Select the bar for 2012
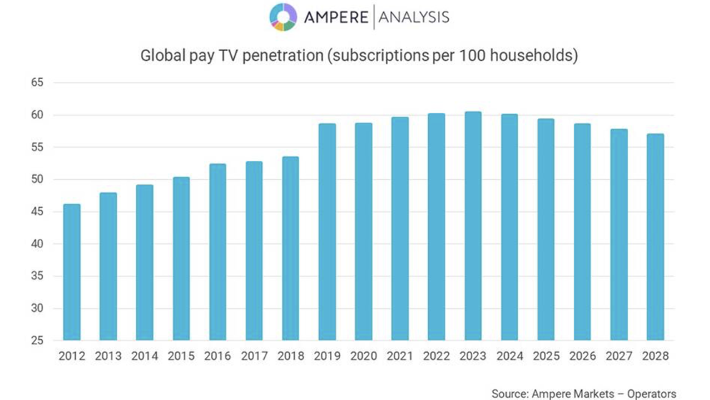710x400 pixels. point(72,272)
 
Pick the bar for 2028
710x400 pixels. point(655,237)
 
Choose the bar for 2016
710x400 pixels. point(218,252)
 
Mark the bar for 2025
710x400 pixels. point(545,229)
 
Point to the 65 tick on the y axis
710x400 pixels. point(37,83)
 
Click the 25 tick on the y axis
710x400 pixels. point(37,341)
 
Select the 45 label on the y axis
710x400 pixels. point(37,212)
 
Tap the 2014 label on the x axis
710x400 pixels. point(145,356)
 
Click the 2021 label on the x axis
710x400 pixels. point(400,356)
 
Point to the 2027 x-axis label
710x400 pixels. point(619,356)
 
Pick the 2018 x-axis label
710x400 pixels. point(291,356)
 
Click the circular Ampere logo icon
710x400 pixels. point(283,17)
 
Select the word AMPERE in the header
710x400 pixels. point(334,17)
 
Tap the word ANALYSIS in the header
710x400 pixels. point(414,17)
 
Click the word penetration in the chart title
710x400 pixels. point(281,55)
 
